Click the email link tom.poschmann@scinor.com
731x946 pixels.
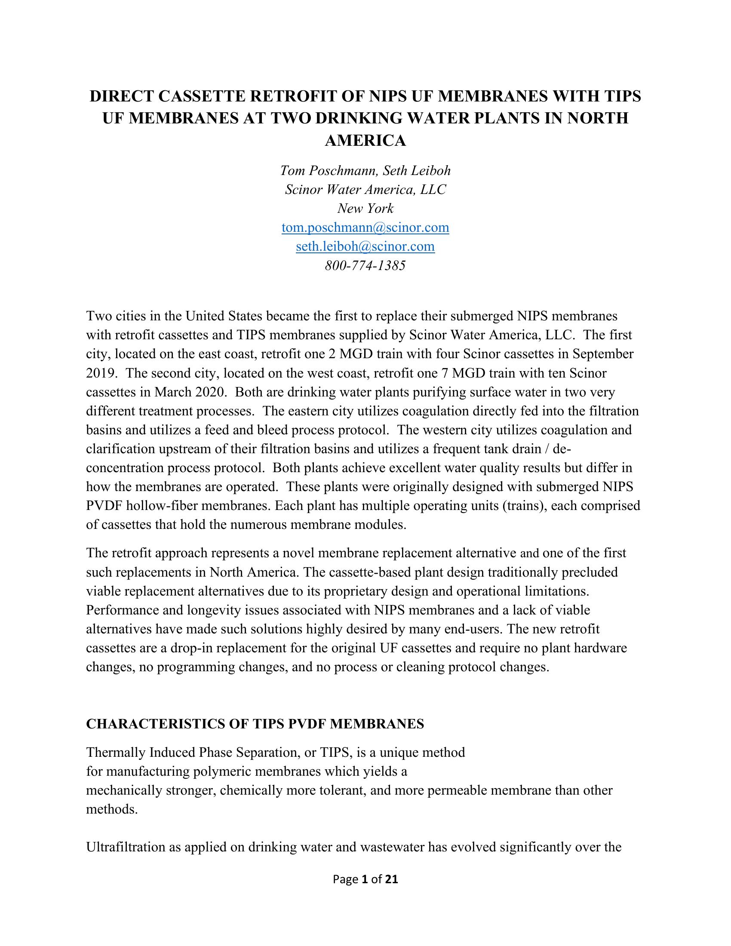click(365, 227)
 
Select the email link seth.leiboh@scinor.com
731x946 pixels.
click(365, 246)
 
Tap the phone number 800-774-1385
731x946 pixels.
click(365, 265)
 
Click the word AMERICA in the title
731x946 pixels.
click(365, 140)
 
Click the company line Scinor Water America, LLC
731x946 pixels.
click(365, 190)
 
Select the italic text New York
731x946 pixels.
click(365, 209)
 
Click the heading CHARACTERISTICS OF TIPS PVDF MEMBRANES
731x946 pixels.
click(255, 724)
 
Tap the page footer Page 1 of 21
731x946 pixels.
click(365, 879)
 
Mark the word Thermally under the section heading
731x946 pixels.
click(116, 752)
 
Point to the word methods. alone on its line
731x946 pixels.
click(112, 809)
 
